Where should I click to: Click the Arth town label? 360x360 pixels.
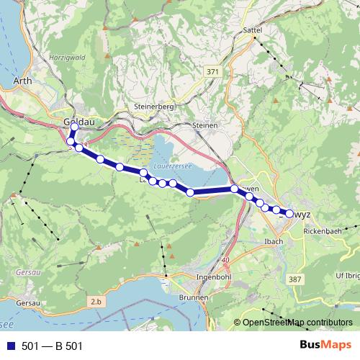(x=22, y=82)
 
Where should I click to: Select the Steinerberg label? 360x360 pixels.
(x=150, y=107)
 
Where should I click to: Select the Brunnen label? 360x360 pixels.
(x=194, y=297)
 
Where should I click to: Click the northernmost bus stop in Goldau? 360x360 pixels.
(x=74, y=127)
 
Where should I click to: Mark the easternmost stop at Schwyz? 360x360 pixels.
(x=289, y=213)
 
